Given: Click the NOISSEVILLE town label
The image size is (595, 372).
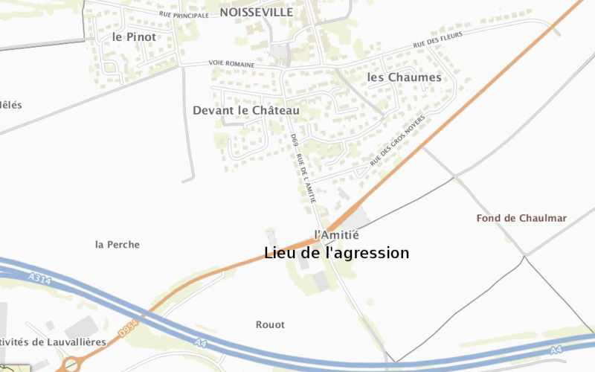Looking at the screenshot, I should tap(256, 13).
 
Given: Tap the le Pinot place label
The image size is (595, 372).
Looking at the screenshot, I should tap(134, 36).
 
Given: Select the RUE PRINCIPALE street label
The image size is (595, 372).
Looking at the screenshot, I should tap(184, 14).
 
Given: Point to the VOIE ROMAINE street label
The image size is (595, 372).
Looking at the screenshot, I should tap(231, 65).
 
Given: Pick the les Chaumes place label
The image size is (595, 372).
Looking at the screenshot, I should tap(404, 77).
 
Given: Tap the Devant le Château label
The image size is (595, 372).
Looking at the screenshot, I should tap(245, 110).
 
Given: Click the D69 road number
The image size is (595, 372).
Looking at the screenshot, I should tap(295, 139).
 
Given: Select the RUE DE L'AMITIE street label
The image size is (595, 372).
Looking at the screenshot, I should tap(306, 179).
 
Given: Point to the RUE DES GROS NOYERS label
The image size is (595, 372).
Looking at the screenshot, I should tap(398, 141).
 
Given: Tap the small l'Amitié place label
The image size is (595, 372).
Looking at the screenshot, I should tap(336, 234).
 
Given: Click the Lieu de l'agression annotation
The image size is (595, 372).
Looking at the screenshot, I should tap(336, 253).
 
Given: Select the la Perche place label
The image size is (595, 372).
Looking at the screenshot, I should tap(118, 244).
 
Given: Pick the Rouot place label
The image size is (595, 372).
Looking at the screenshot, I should tap(270, 324).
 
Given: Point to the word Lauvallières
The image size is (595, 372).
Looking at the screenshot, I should tap(71, 342).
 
